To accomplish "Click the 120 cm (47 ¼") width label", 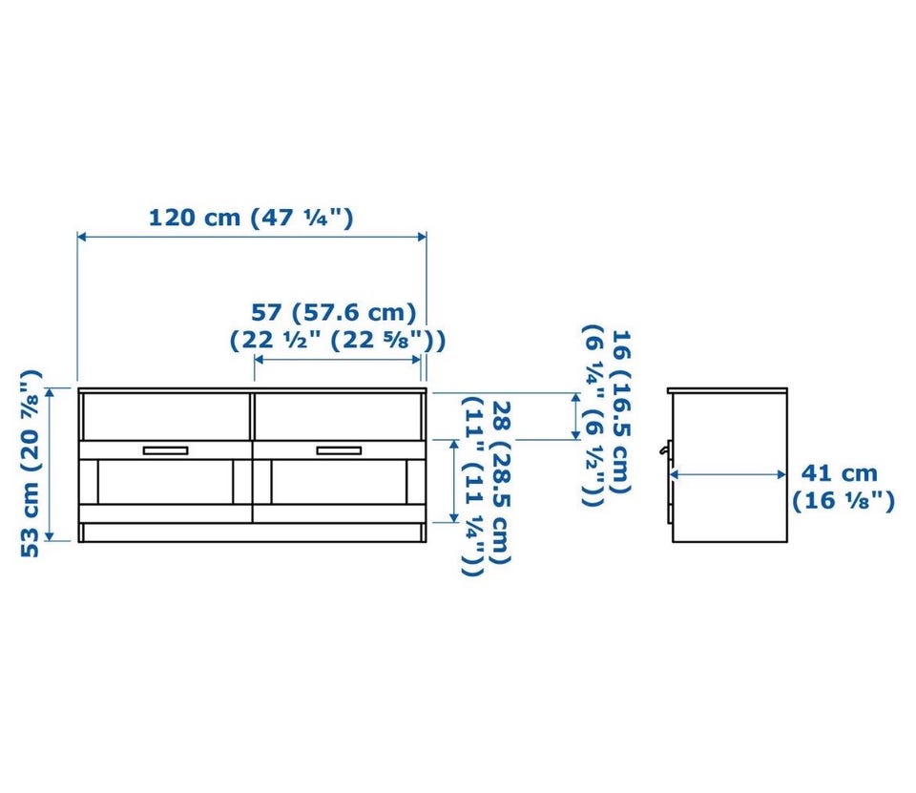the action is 251,218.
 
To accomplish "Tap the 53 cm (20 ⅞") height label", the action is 31,463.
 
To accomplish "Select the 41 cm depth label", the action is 839,472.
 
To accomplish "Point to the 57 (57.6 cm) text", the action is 334,313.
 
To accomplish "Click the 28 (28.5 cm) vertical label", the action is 501,482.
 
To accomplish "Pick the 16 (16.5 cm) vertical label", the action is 621,411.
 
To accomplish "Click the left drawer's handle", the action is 165,450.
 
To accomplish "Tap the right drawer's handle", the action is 339,450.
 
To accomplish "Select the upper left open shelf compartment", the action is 166,417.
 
